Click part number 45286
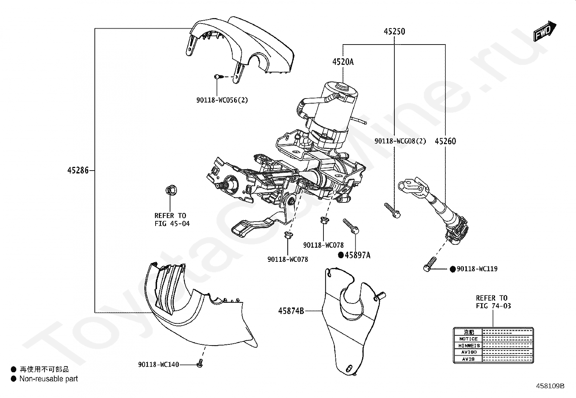[x=78, y=170]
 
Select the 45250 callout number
[x=394, y=32]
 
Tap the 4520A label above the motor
[x=343, y=62]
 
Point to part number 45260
[x=445, y=141]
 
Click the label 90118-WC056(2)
[x=222, y=100]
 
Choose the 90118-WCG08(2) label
[x=400, y=141]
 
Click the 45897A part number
[x=357, y=255]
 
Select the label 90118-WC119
[x=477, y=269]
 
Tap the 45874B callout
[x=291, y=311]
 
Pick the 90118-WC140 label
[x=158, y=365]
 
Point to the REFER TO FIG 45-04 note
[x=172, y=219]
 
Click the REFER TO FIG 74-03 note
[x=492, y=302]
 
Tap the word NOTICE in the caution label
[x=468, y=339]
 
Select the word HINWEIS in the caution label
[x=468, y=346]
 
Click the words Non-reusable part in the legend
[x=48, y=379]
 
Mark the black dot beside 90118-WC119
[x=452, y=269]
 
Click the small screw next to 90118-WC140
[x=199, y=364]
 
